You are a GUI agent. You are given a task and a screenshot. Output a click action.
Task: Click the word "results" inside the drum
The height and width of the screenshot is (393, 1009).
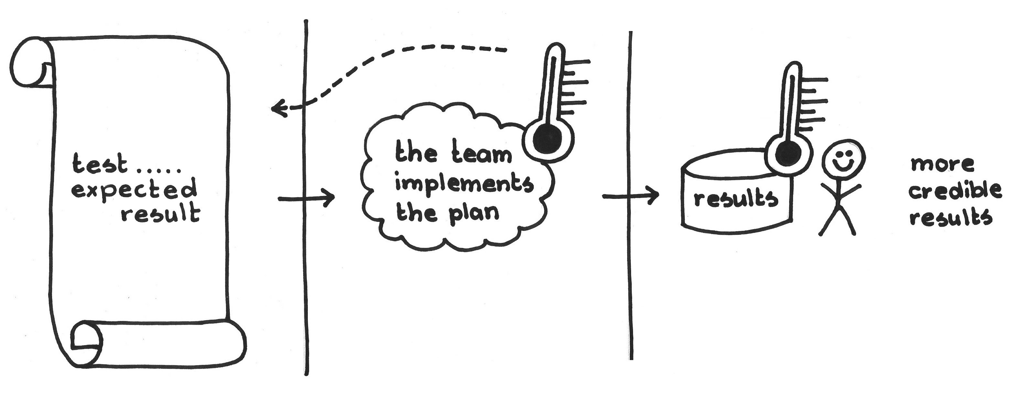click(735, 200)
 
